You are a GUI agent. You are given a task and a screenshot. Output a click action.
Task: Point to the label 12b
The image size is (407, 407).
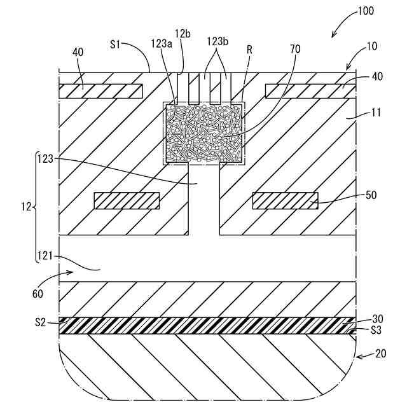tap(183, 32)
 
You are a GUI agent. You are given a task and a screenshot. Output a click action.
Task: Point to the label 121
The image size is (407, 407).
tap(44, 257)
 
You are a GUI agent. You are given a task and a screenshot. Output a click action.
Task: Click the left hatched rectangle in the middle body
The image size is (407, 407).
tap(127, 200)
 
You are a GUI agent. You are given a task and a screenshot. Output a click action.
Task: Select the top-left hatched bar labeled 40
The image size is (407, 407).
tap(100, 91)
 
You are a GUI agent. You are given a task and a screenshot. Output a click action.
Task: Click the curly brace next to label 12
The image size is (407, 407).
tap(34, 207)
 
